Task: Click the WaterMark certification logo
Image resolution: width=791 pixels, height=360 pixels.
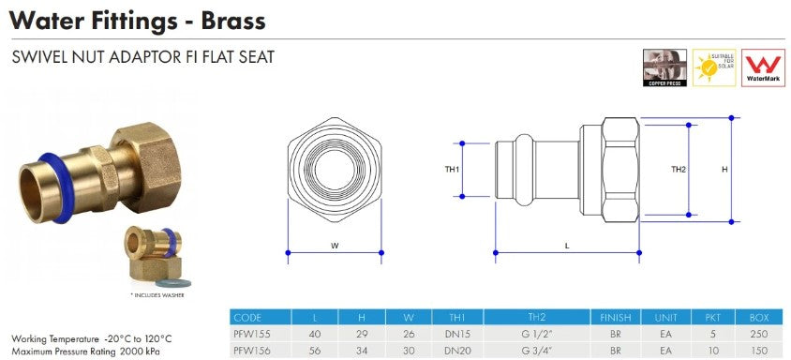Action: coord(763,68)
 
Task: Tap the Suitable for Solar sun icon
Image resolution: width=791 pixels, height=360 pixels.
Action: coord(713,68)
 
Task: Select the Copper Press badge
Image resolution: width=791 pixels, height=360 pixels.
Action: coord(664,68)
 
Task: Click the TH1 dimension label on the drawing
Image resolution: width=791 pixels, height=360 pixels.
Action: coord(452,170)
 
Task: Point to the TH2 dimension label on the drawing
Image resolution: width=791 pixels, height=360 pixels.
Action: coord(679,170)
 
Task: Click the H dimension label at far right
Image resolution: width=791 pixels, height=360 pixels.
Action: coord(724,170)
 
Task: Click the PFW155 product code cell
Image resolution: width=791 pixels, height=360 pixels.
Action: coord(248,334)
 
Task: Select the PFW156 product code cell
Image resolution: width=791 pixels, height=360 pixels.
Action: coord(248,350)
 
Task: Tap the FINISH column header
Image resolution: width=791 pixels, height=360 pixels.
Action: coord(615,318)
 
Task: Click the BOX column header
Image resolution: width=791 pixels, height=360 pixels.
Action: coord(759,318)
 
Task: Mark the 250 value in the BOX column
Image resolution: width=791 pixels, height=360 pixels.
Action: coord(759,334)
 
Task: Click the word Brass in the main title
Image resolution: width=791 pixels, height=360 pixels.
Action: coord(231,19)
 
